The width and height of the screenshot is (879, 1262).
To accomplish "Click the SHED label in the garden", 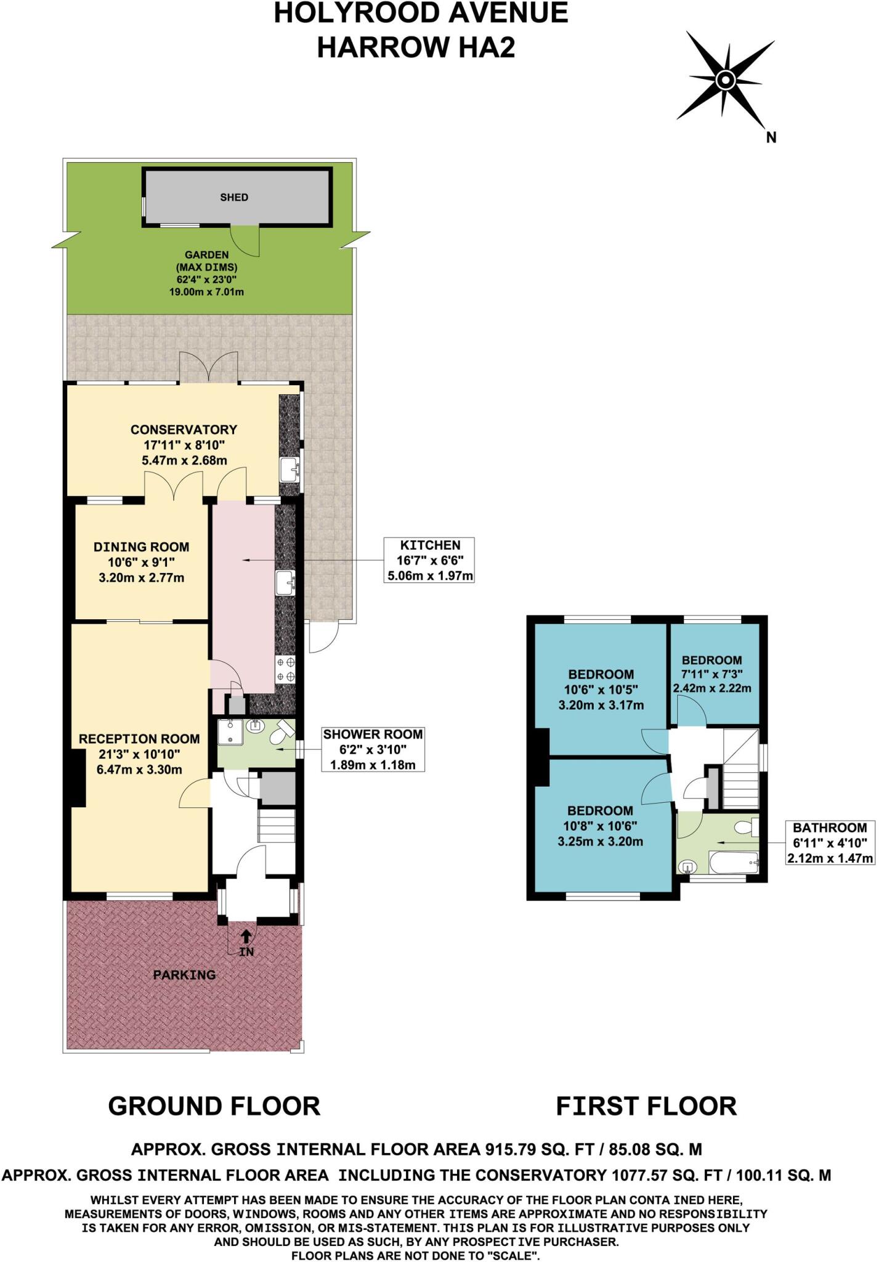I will point(234,197).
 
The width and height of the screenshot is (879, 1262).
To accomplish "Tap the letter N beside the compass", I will point(771,138).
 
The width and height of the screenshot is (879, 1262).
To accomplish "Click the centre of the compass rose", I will point(725,79).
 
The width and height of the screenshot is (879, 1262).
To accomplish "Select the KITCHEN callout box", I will point(429,560).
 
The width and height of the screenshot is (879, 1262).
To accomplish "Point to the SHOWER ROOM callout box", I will point(373,749).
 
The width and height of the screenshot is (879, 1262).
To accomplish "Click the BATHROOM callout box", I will point(830,842).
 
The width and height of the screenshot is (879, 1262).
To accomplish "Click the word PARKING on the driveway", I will point(184,975).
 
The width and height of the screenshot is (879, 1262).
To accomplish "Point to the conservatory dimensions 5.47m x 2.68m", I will point(184,460).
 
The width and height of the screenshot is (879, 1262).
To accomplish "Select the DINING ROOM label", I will point(141,547).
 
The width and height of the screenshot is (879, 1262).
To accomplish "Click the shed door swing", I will point(246,240).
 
